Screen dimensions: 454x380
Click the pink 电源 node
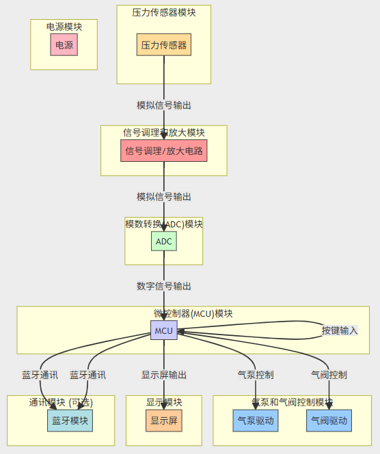click(x=64, y=46)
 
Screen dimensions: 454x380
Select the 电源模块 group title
click(x=64, y=27)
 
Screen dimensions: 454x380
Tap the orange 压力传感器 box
click(x=164, y=45)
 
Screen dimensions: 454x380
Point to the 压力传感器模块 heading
click(x=164, y=12)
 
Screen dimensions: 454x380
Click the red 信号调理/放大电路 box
click(x=164, y=150)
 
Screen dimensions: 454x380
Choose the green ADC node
click(x=164, y=241)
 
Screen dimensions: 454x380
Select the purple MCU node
click(x=164, y=330)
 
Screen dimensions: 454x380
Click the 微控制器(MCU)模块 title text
click(x=193, y=313)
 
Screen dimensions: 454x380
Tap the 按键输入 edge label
click(x=340, y=330)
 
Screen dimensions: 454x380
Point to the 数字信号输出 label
click(x=164, y=286)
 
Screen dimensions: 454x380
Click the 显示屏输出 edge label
click(x=164, y=375)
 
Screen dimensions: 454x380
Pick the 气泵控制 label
click(x=256, y=375)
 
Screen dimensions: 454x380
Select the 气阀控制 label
click(x=329, y=375)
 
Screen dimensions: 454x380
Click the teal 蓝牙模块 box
click(x=70, y=421)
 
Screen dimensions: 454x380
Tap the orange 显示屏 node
click(x=164, y=421)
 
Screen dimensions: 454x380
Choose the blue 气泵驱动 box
click(x=256, y=421)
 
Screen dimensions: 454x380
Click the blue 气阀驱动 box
click(x=329, y=421)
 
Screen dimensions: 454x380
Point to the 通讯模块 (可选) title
click(x=61, y=402)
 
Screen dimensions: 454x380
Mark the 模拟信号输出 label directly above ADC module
click(x=164, y=197)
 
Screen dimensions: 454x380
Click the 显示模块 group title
click(x=164, y=402)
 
